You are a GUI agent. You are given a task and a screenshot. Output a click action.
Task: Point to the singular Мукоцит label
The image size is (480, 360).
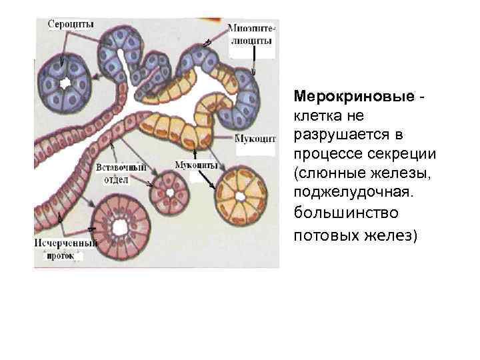(x=254, y=139)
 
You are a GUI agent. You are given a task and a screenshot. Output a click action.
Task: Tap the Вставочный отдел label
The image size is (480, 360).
(x=121, y=173)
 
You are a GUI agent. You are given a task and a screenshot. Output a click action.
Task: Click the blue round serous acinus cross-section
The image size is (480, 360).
(x=66, y=83)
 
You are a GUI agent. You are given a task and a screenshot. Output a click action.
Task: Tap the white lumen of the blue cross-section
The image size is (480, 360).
(x=66, y=84)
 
